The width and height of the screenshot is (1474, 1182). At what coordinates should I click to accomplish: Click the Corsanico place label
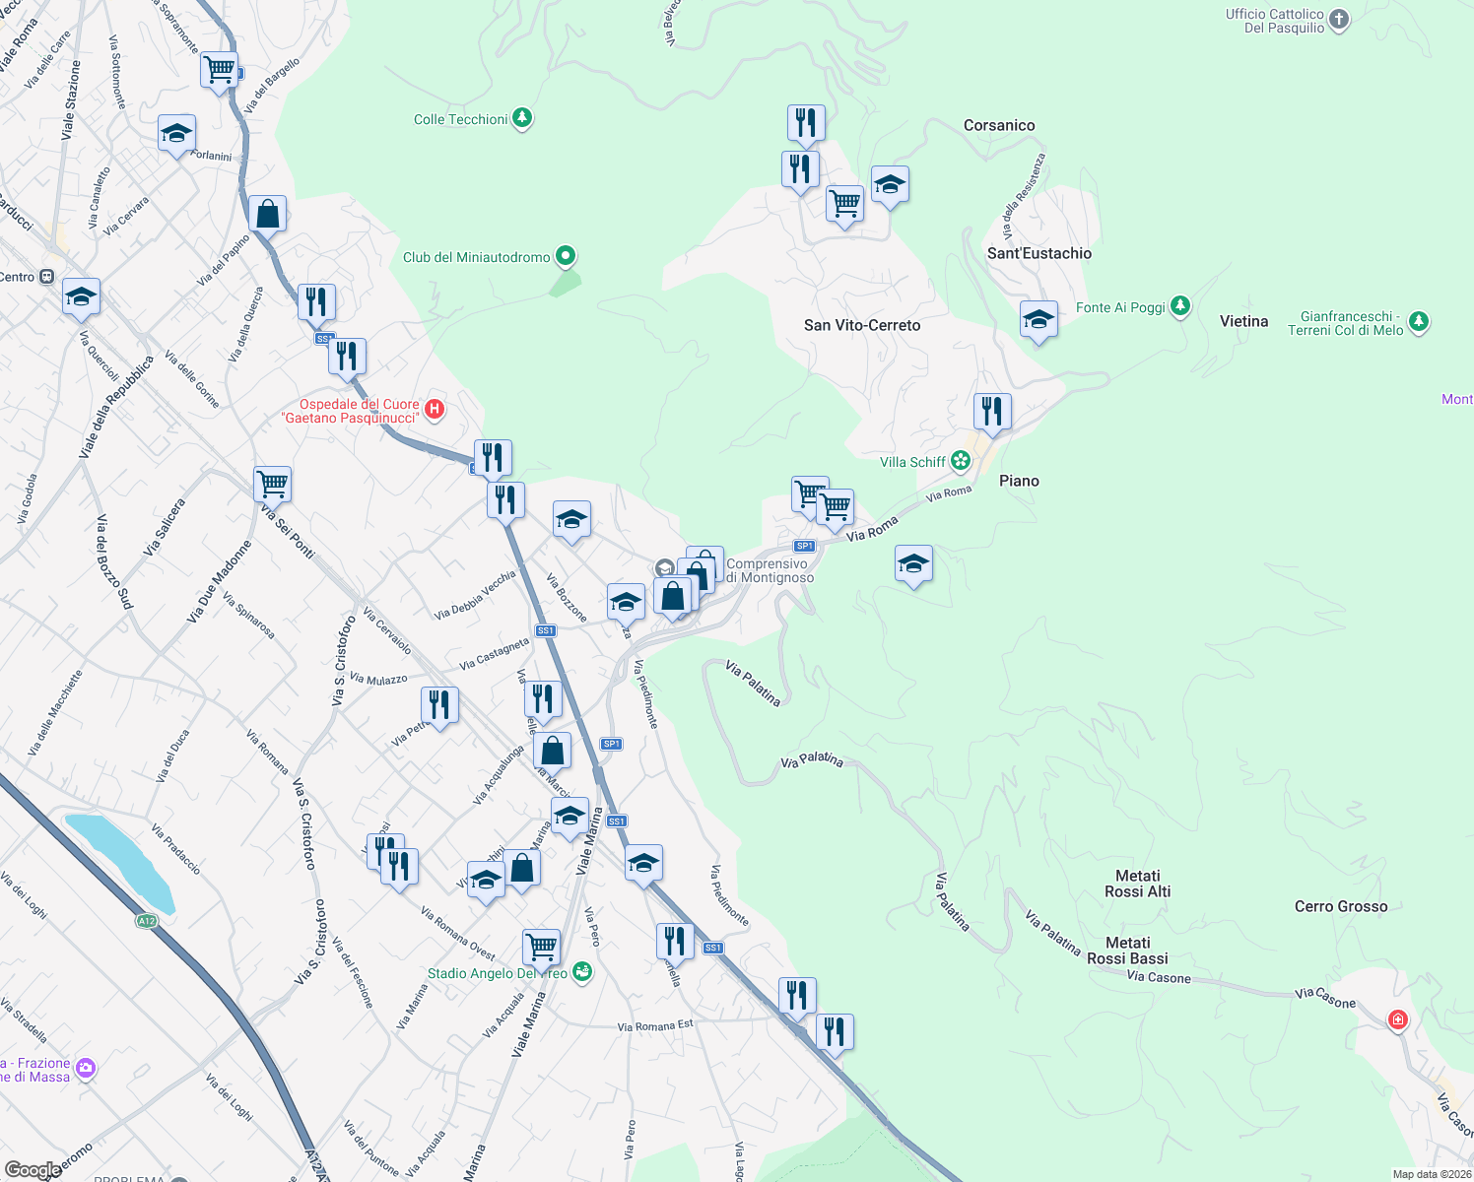tap(999, 125)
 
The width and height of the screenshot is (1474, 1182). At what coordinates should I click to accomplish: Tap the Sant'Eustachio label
tap(1039, 253)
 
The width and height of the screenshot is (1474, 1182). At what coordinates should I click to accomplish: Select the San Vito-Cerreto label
tap(862, 325)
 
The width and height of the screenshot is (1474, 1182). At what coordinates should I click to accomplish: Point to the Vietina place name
tap(1243, 321)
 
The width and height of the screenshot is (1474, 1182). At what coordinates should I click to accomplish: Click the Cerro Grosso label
tap(1340, 906)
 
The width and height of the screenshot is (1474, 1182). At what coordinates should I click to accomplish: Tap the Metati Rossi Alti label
tap(1138, 884)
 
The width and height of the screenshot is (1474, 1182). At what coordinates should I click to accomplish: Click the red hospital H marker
tap(435, 408)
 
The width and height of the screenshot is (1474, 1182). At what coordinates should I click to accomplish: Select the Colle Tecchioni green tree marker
tap(522, 119)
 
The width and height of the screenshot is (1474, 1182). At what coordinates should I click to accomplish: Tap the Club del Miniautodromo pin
tap(566, 257)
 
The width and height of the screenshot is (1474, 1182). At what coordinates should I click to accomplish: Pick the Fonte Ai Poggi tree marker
tap(1180, 307)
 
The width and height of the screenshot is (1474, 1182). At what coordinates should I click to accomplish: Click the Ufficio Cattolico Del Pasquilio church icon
tap(1338, 20)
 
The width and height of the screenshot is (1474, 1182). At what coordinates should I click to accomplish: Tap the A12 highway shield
tap(146, 921)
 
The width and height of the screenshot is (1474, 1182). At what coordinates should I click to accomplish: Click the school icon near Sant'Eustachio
tap(1038, 320)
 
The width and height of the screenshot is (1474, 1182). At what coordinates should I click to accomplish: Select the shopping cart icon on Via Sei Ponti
tap(272, 484)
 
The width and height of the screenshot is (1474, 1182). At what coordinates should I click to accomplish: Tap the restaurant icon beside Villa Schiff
tap(992, 411)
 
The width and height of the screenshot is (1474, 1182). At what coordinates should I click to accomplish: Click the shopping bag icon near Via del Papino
tap(268, 213)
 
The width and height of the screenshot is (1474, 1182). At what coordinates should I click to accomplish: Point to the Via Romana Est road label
tap(655, 1026)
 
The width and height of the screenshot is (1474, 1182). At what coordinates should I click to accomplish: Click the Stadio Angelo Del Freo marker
tap(582, 971)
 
